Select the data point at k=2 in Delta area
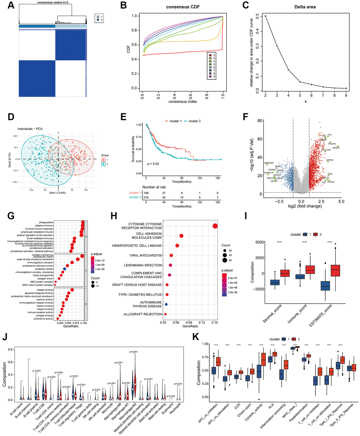pos(265,16)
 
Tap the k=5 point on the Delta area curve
pos(300,82)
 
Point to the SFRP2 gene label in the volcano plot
pos(336,148)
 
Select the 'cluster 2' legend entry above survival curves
pos(192,121)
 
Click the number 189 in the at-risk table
pos(146,193)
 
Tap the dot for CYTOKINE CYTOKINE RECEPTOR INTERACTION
pos(215,226)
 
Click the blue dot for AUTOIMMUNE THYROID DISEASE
pos(166,304)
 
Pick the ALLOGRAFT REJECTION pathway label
pos(143,314)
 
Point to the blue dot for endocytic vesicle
pos(64,269)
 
